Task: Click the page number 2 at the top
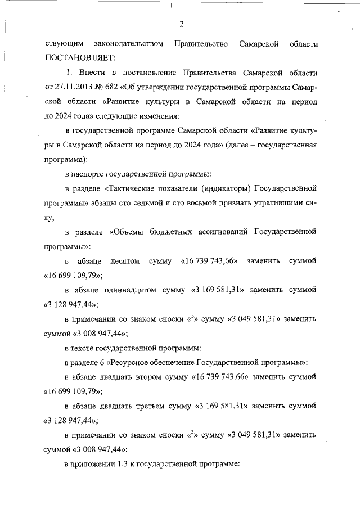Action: [182, 24]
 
